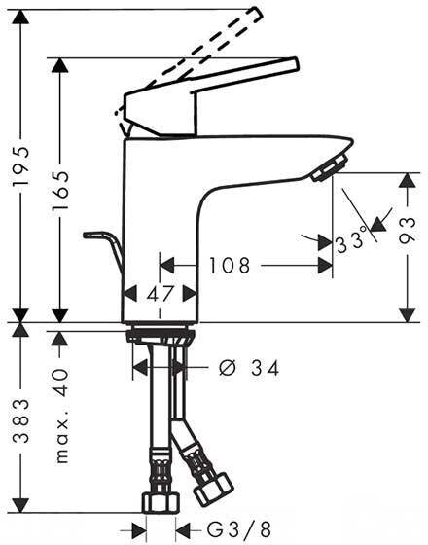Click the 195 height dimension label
tap(20, 166)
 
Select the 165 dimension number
tap(59, 191)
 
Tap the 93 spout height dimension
tap(408, 230)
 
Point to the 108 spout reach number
tap(230, 266)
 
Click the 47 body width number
tap(160, 294)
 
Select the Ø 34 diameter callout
tap(249, 368)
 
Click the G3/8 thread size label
tap(239, 530)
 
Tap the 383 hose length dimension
tap(20, 420)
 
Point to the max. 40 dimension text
tap(62, 416)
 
